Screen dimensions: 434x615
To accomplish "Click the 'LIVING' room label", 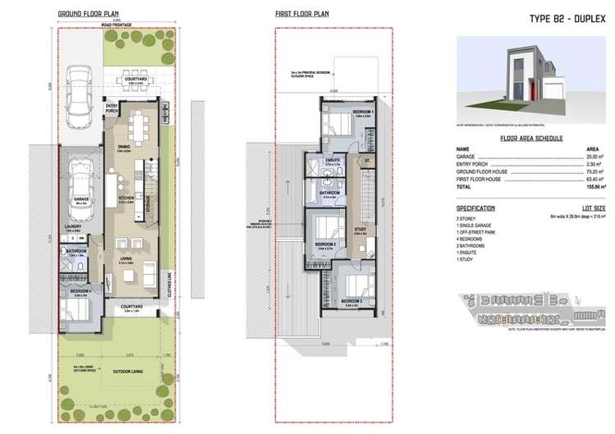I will pyautogui.click(x=126, y=258).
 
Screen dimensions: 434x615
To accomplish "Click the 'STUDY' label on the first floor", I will pyautogui.click(x=360, y=229).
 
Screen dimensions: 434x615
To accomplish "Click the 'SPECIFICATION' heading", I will pyautogui.click(x=476, y=208).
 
